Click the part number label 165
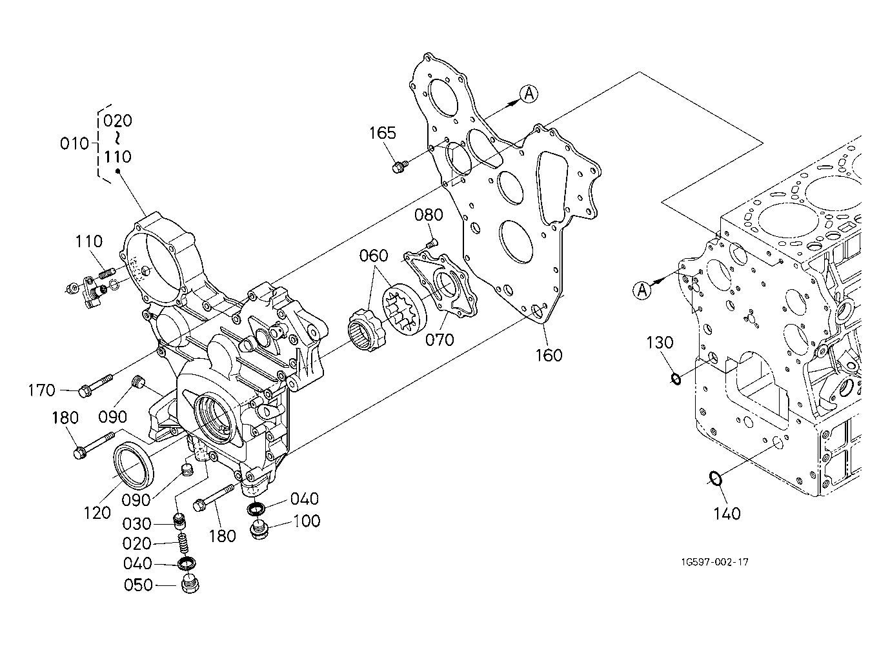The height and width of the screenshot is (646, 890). tap(383, 133)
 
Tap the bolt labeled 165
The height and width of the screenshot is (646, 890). tap(399, 166)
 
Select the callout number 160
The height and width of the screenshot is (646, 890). tap(549, 355)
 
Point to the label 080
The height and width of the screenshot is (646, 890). tap(429, 215)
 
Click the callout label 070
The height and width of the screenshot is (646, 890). tap(440, 339)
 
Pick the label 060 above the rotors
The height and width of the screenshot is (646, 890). tap(374, 256)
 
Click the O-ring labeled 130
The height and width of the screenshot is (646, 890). tap(676, 379)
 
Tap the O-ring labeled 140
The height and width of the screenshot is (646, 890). tap(715, 478)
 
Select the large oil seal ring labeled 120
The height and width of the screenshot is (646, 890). tap(134, 467)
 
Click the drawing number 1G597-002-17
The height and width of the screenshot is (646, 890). tap(715, 562)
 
